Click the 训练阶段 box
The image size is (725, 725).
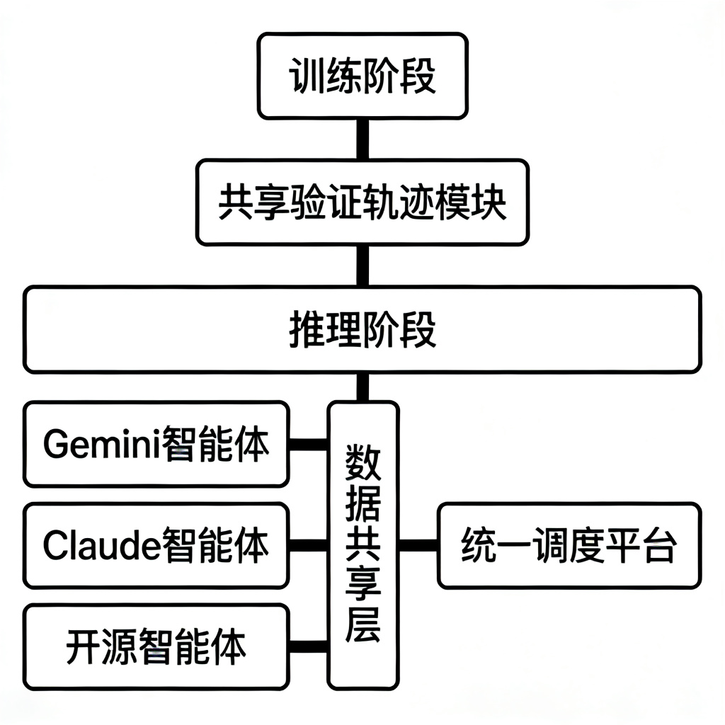(x=362, y=76)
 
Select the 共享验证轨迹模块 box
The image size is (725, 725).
(x=362, y=203)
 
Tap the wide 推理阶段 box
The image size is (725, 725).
(x=362, y=329)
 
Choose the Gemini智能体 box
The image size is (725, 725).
(x=156, y=445)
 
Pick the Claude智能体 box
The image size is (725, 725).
(x=156, y=545)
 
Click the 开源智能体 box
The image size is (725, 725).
(x=156, y=646)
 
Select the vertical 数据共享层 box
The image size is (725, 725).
(x=363, y=545)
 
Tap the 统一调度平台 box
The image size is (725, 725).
(x=569, y=545)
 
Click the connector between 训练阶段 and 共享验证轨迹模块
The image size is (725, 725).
(x=362, y=139)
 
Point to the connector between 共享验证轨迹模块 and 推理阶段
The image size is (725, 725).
(x=362, y=266)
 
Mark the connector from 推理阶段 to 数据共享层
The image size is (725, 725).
(x=362, y=387)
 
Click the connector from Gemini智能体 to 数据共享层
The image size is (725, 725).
(x=308, y=445)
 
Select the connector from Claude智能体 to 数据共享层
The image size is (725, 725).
(x=308, y=545)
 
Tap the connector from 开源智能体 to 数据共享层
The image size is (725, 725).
(x=308, y=646)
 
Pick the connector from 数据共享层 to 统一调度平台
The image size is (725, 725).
(x=418, y=545)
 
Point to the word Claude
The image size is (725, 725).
(x=101, y=546)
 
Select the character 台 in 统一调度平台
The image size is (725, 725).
(x=660, y=546)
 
